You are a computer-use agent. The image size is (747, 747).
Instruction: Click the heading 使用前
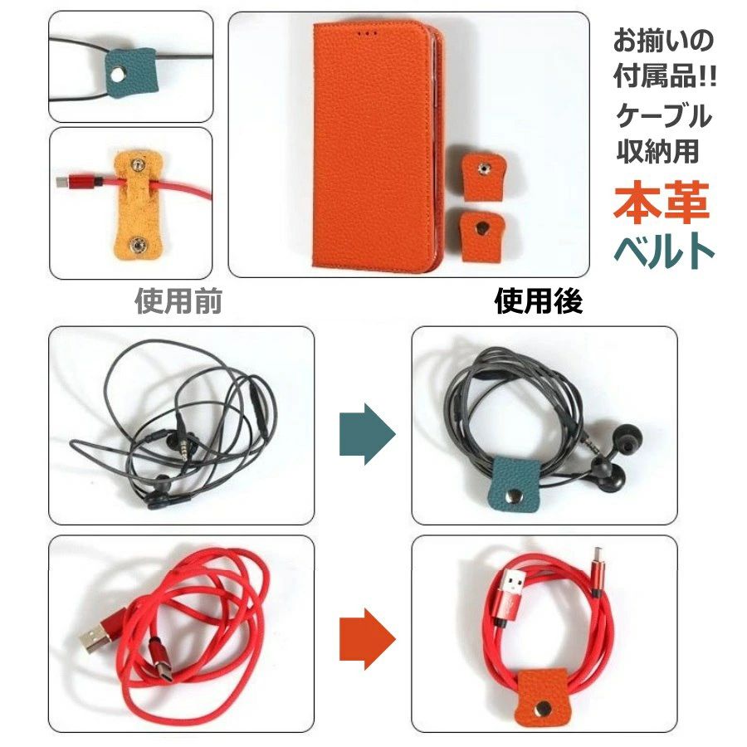(x=178, y=301)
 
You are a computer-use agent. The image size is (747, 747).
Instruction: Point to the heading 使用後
(x=539, y=301)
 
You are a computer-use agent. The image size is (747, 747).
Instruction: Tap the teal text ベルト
(x=664, y=251)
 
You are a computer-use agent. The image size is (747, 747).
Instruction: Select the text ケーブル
(x=663, y=115)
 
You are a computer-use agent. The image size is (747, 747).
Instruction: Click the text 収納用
(x=657, y=152)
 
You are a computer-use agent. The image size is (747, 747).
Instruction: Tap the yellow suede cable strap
(x=138, y=205)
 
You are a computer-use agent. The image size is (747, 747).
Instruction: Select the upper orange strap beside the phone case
(x=482, y=176)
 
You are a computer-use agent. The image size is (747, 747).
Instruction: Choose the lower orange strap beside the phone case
(x=482, y=236)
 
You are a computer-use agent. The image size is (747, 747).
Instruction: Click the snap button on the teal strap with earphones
(x=515, y=498)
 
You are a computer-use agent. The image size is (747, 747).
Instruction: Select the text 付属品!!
(x=665, y=76)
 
